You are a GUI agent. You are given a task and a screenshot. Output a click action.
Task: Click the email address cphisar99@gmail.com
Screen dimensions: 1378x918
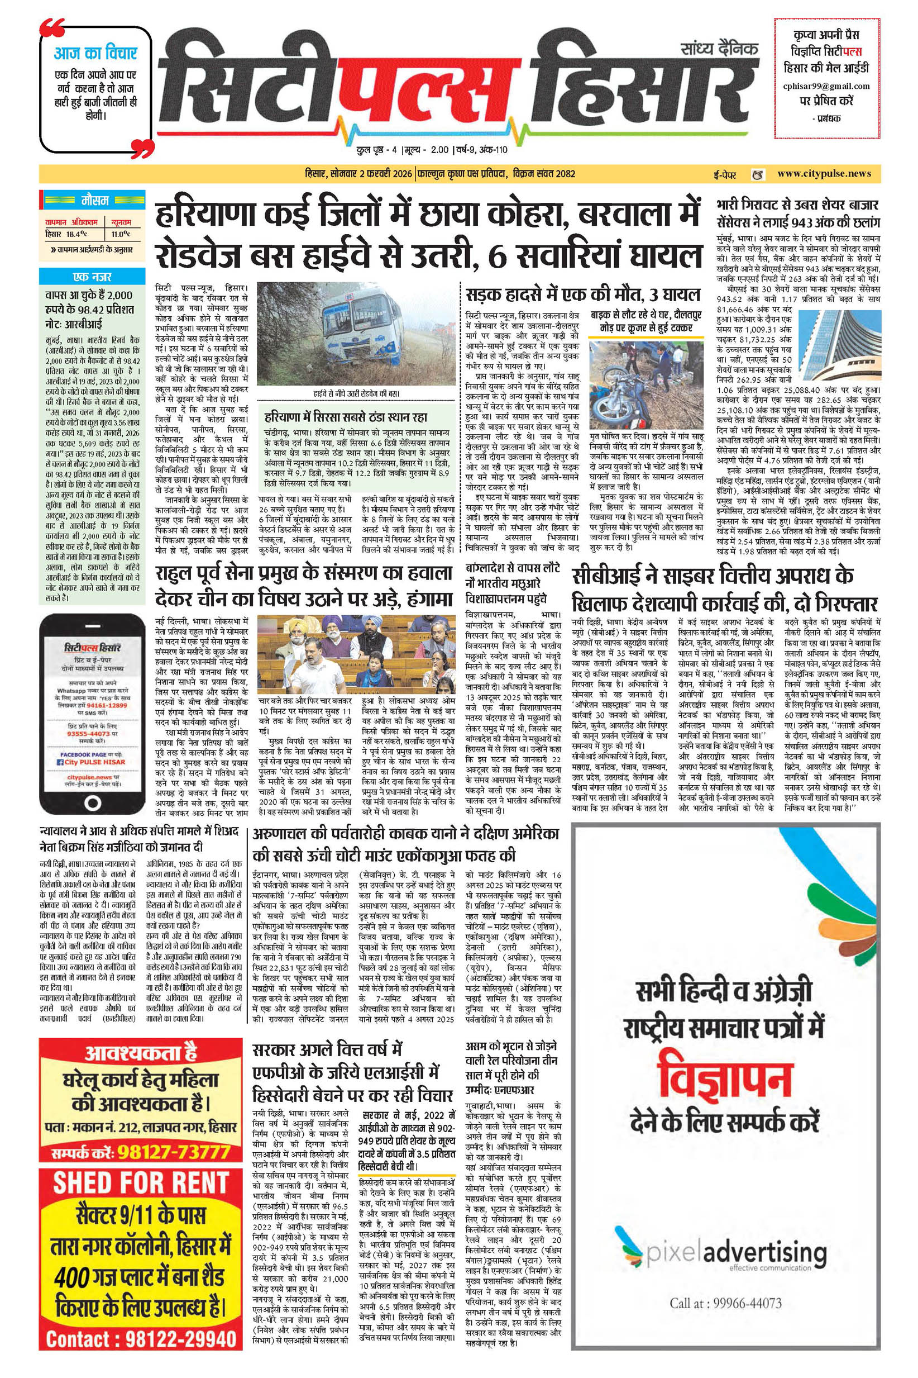point(826,86)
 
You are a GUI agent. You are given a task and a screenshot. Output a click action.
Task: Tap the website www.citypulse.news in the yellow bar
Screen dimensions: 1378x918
point(824,173)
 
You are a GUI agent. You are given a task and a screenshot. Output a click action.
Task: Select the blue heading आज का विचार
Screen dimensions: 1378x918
point(95,53)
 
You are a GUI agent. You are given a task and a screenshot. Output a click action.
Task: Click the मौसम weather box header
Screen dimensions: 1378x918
point(94,201)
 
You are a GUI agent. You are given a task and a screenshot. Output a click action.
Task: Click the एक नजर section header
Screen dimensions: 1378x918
point(93,277)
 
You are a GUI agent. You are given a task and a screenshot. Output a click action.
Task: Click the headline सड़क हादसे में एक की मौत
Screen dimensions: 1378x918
point(582,293)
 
